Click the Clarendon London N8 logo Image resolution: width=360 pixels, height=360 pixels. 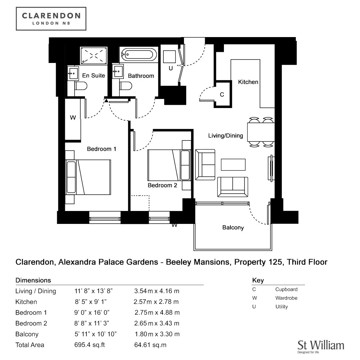(x=51, y=19)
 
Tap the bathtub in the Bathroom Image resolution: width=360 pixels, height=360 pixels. (x=139, y=55)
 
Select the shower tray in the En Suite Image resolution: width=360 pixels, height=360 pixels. (x=94, y=55)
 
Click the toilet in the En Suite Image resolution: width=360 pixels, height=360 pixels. (x=81, y=86)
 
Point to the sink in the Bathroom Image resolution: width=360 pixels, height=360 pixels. (x=118, y=71)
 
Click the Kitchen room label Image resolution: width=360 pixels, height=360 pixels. (x=248, y=82)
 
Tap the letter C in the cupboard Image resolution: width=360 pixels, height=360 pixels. (x=222, y=95)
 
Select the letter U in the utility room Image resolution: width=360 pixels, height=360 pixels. (x=171, y=68)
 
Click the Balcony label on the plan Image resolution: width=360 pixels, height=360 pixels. (x=233, y=228)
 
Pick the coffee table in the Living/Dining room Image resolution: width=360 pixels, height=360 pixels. (x=233, y=165)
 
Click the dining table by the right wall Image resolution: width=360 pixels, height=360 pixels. (x=261, y=132)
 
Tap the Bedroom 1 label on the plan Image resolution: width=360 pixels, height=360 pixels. (x=102, y=149)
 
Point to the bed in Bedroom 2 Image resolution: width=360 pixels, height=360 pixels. (x=169, y=165)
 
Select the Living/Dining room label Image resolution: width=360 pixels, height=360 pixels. (x=225, y=136)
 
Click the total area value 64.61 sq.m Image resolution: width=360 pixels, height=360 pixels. (x=150, y=345)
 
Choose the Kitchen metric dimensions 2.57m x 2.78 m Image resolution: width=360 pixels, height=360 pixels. (x=156, y=302)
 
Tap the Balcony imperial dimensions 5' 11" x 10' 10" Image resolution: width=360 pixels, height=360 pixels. (x=95, y=334)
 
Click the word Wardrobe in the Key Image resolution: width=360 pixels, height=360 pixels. (x=286, y=298)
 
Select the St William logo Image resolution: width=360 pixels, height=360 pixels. (x=321, y=347)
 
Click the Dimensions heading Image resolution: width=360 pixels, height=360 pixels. (x=33, y=280)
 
